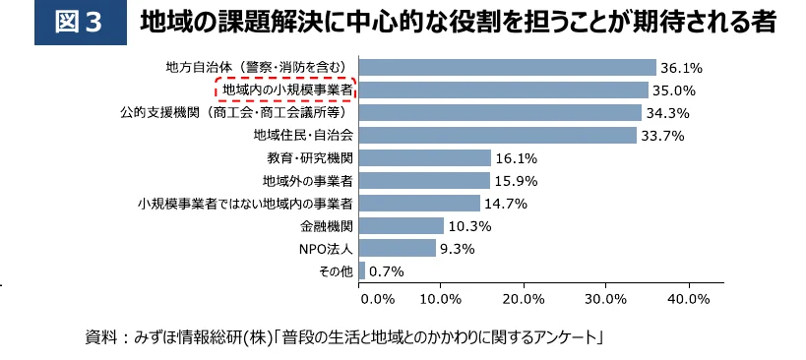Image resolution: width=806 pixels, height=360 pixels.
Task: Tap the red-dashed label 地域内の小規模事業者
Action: pyautogui.click(x=285, y=90)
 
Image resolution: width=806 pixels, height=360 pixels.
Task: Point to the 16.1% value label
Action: pyautogui.click(x=517, y=158)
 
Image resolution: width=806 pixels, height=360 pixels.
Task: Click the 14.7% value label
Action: pyautogui.click(x=506, y=204)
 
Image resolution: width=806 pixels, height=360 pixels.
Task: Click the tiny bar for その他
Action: pyautogui.click(x=362, y=270)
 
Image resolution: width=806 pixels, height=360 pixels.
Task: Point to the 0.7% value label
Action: pyautogui.click(x=387, y=271)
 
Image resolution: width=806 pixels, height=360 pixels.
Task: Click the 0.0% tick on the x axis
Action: pyautogui.click(x=378, y=298)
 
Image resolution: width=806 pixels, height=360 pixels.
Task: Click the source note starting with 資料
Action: pyautogui.click(x=343, y=337)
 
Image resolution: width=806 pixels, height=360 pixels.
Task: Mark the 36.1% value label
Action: pyautogui.click(x=680, y=68)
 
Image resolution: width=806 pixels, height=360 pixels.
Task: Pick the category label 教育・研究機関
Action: pyautogui.click(x=310, y=158)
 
